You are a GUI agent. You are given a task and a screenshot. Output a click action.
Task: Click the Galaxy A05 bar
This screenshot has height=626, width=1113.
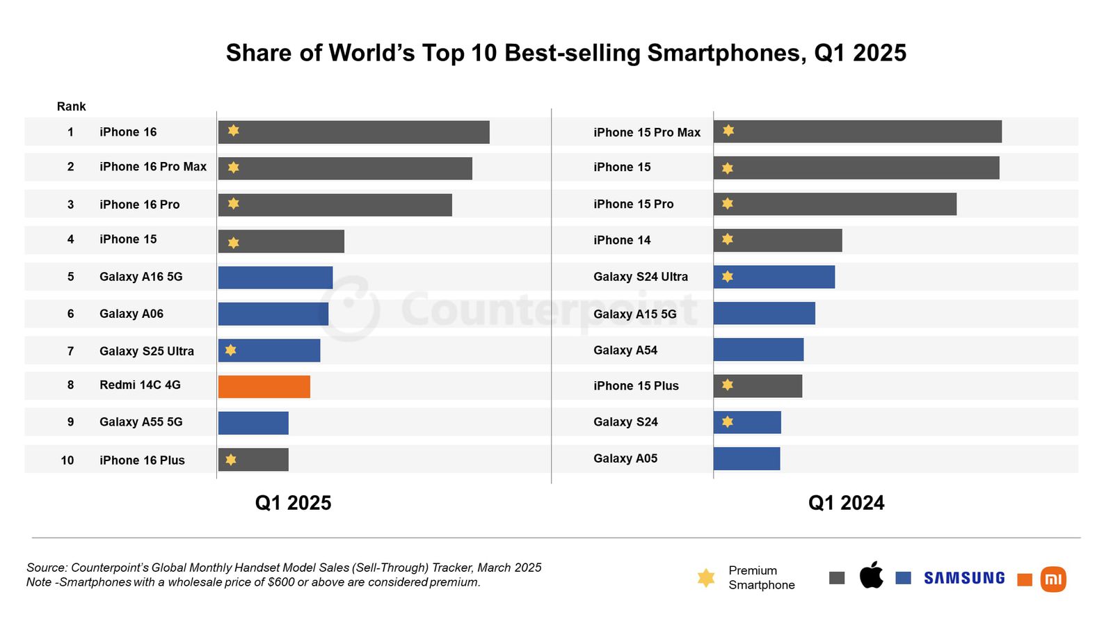[x=746, y=459]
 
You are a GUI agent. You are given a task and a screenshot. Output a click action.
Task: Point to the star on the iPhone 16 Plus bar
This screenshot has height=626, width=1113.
[x=231, y=460]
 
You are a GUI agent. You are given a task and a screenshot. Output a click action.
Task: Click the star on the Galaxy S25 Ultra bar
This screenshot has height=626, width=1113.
[x=231, y=350]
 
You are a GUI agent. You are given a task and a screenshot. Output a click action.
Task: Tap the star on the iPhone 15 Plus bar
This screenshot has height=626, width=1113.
[x=728, y=385]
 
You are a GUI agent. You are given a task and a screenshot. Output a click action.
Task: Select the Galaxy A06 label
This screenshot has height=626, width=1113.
[x=131, y=314]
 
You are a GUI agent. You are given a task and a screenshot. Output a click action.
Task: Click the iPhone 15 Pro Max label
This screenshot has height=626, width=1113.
[x=647, y=132]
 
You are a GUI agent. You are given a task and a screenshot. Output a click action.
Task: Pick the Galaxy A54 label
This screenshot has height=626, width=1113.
[x=625, y=351]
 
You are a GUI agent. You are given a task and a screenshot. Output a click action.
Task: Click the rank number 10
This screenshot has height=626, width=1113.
[x=67, y=460]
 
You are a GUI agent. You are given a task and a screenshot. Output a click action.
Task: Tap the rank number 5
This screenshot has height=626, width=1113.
[x=70, y=277]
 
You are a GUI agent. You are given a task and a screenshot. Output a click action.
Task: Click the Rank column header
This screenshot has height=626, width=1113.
[x=71, y=106]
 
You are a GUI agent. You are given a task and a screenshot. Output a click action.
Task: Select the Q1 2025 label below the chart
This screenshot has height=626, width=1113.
[x=293, y=503]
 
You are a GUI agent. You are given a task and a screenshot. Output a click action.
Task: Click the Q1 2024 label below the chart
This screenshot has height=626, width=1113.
[x=846, y=503]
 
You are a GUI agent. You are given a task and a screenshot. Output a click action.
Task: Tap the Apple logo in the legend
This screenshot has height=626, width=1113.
[x=871, y=576]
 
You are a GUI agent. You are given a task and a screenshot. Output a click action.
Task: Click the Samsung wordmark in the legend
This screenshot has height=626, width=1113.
[x=964, y=578]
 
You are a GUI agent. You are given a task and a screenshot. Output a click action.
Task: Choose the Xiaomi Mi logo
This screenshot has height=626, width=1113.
[x=1052, y=579]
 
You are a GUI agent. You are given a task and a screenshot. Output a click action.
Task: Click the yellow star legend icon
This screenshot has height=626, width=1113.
[x=705, y=578]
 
